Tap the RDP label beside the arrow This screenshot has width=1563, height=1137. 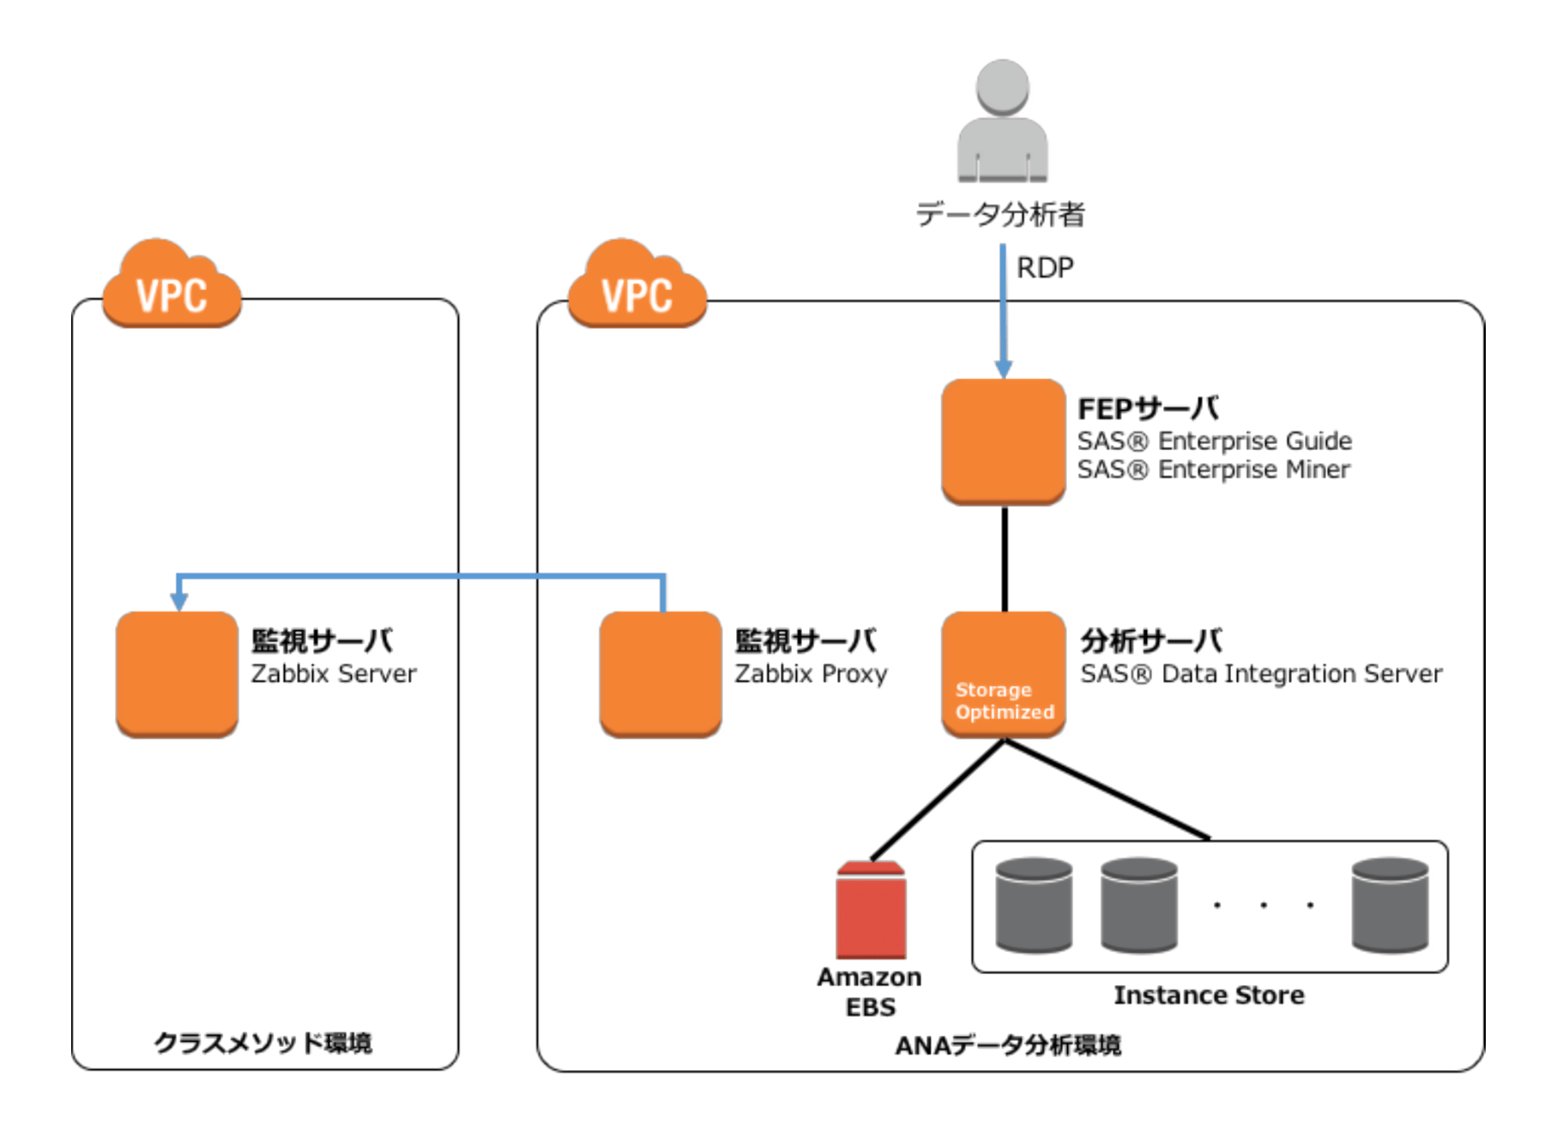click(x=1044, y=268)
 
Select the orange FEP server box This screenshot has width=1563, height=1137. click(x=1003, y=441)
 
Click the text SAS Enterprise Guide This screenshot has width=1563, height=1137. click(x=1214, y=441)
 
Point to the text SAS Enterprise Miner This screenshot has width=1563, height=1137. click(x=1213, y=470)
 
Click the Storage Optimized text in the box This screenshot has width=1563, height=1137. click(x=1004, y=701)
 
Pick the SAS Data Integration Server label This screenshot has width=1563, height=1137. click(x=1261, y=674)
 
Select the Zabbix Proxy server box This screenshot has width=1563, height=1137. click(x=660, y=674)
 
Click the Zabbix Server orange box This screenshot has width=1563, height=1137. click(x=177, y=674)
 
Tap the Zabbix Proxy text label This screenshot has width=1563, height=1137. click(x=811, y=674)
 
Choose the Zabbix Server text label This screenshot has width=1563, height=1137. click(x=333, y=674)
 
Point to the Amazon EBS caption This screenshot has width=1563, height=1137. click(x=870, y=992)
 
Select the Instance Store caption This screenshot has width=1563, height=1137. click(x=1209, y=996)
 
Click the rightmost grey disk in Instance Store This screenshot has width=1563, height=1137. click(x=1390, y=905)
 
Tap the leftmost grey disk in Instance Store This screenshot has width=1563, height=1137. click(x=1034, y=905)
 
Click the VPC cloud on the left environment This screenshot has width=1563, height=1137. click(x=172, y=286)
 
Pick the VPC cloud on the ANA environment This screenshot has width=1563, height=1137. click(x=637, y=286)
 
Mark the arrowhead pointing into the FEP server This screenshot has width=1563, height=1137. click(x=1003, y=370)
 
